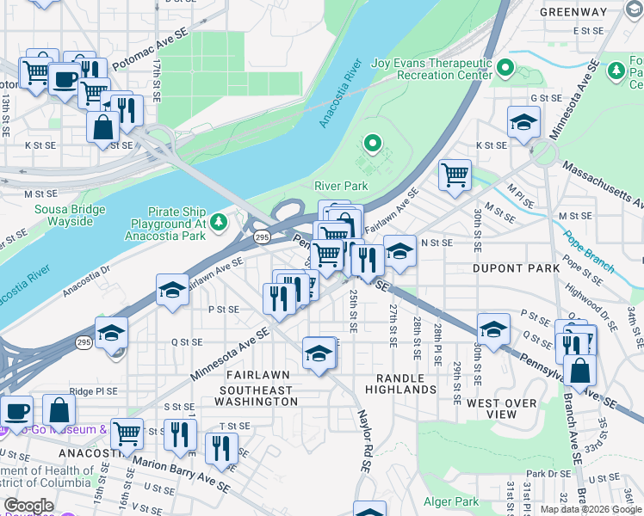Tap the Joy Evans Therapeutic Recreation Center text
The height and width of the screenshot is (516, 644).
point(431,69)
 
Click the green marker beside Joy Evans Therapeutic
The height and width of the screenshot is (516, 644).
point(505,66)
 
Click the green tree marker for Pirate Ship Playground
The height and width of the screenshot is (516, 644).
point(219,224)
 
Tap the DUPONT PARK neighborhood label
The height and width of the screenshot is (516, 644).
point(517,268)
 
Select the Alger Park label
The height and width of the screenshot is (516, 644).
point(450,501)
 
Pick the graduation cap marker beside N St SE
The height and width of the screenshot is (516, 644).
point(399,250)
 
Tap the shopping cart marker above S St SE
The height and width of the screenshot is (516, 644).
point(127,432)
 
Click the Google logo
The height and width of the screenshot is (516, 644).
point(28,506)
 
